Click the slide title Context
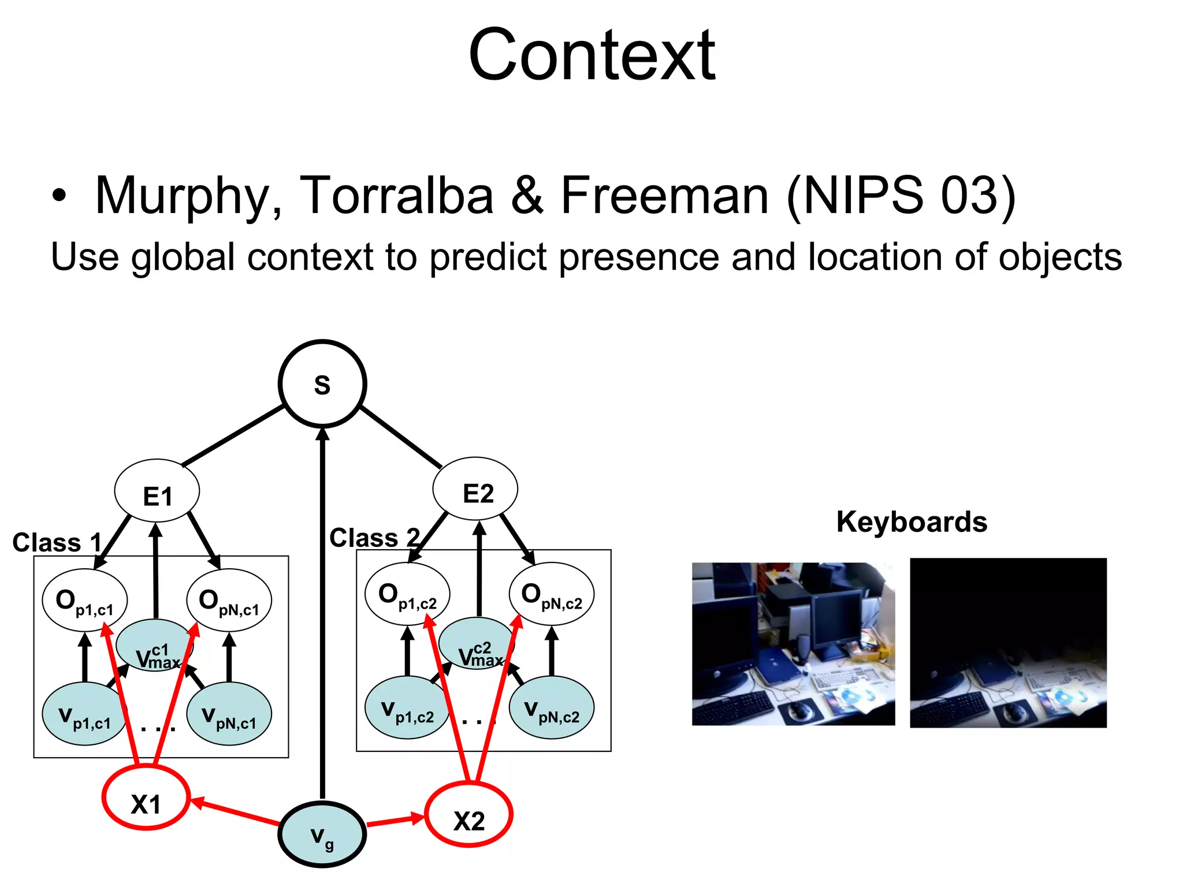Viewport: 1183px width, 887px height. (591, 56)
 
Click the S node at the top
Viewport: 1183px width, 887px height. (322, 384)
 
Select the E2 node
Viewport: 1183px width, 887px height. (475, 489)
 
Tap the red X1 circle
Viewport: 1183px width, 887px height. (146, 799)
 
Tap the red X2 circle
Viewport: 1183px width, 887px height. (468, 815)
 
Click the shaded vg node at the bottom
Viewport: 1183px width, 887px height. (322, 834)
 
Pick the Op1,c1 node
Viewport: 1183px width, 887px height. (85, 600)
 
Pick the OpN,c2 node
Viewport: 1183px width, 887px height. (551, 594)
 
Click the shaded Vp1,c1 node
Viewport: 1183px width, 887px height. (84, 714)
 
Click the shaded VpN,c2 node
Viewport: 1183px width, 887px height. (551, 708)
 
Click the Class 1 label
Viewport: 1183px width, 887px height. (57, 543)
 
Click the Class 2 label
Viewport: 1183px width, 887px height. (374, 538)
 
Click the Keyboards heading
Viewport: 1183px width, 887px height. (912, 522)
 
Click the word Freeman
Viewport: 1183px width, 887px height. (664, 195)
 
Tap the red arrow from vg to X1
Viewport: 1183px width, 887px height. (237, 811)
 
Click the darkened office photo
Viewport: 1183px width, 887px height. (1008, 643)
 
